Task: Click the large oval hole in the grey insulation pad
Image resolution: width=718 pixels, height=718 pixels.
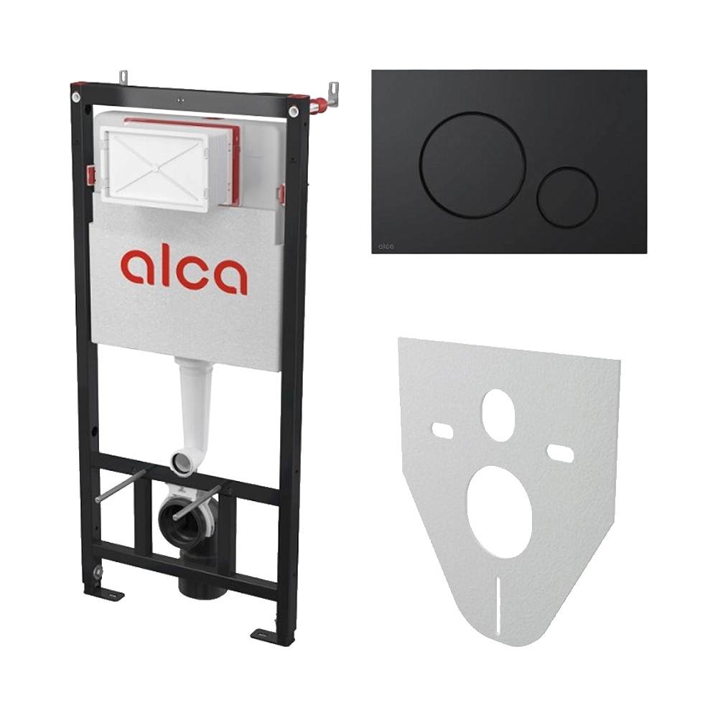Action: point(500,504)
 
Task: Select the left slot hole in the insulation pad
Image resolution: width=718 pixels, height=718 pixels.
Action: point(443,429)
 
